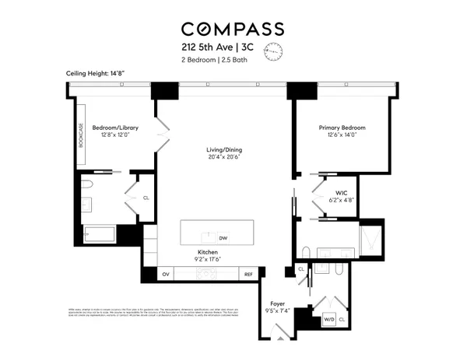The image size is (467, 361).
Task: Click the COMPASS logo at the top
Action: (x=233, y=29)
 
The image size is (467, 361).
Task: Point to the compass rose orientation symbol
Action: (x=273, y=52)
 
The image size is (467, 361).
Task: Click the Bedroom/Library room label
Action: (x=114, y=127)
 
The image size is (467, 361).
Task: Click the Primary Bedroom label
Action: (x=342, y=127)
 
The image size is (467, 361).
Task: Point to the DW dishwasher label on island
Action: (x=223, y=238)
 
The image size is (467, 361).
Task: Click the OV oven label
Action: (x=165, y=275)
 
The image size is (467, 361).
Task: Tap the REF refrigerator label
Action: (x=248, y=275)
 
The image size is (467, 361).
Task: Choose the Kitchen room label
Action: (x=206, y=253)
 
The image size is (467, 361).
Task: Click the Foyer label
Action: (x=276, y=304)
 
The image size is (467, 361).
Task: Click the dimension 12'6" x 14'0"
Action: (x=342, y=135)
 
